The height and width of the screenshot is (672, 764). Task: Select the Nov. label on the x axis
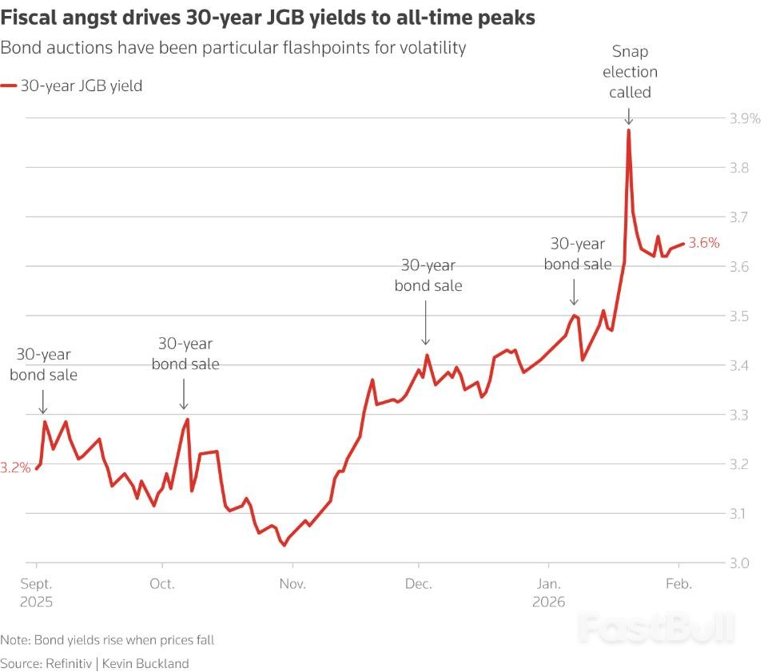292,584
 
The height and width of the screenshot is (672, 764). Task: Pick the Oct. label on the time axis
163,584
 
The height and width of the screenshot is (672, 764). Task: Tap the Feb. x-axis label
678,584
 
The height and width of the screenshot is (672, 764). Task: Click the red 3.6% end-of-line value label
704,244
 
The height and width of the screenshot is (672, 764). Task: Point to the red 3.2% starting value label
15,468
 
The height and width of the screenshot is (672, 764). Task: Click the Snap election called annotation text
630,72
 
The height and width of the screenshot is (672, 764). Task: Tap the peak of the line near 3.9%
629,130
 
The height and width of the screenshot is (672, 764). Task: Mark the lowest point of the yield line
283,545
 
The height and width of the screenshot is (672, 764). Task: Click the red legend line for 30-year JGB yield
10,85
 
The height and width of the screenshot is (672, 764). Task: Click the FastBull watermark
656,629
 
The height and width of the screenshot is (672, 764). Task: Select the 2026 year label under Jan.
550,601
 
